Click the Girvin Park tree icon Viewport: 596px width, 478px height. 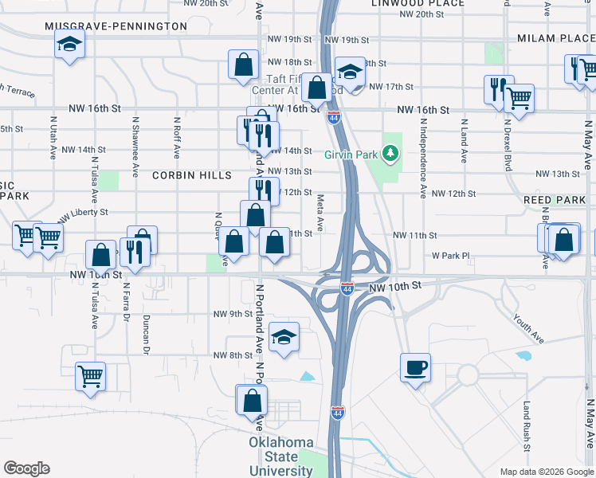pos(390,152)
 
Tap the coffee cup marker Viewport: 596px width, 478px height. pos(415,368)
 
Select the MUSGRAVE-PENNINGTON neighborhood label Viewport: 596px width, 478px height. pos(116,26)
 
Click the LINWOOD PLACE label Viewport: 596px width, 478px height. pos(418,4)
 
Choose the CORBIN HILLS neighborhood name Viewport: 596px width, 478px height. pos(191,175)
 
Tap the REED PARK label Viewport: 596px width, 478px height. pos(554,199)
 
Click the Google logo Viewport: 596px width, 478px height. pos(26,468)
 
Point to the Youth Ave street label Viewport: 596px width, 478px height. pos(527,327)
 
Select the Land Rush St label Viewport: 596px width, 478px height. pos(527,421)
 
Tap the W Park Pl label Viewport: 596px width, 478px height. pos(452,257)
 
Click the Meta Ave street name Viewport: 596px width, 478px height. pos(320,213)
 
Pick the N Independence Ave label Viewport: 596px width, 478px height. pos(423,155)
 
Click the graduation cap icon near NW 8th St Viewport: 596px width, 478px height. pos(284,337)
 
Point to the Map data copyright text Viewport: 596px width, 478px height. pos(546,472)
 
